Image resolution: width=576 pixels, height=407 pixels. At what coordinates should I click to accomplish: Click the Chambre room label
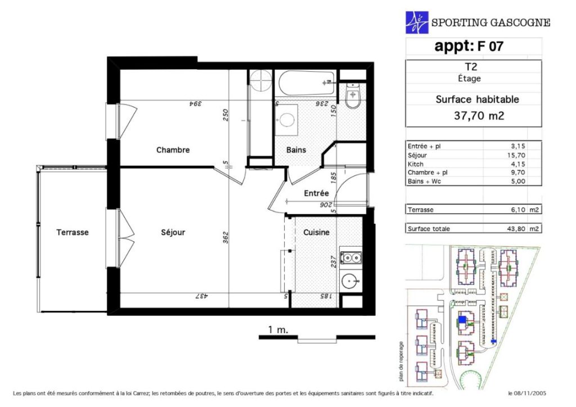pyautogui.click(x=173, y=150)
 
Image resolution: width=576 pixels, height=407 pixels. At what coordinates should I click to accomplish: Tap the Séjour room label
pyautogui.click(x=173, y=232)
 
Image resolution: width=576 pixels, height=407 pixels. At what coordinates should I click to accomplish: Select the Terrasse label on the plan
pyautogui.click(x=73, y=232)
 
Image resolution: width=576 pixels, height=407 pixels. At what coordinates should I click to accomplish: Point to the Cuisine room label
pyautogui.click(x=316, y=232)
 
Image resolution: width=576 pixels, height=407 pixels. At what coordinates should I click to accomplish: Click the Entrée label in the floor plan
pyautogui.click(x=316, y=193)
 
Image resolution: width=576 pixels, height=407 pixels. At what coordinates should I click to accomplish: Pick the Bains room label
pyautogui.click(x=296, y=150)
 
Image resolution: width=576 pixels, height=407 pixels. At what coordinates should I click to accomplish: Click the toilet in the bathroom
pyautogui.click(x=353, y=96)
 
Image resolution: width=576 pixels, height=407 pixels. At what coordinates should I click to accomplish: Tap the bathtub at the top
pyautogui.click(x=307, y=83)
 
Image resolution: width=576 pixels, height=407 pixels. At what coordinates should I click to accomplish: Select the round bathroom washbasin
pyautogui.click(x=286, y=120)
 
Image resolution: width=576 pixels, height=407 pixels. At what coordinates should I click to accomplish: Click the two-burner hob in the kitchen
pyautogui.click(x=351, y=258)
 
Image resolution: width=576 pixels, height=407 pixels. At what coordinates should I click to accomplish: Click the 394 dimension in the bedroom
pyautogui.click(x=195, y=104)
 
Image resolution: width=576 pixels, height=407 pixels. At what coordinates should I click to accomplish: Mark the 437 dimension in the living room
pyautogui.click(x=201, y=296)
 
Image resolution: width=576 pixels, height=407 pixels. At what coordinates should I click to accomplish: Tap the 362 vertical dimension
pyautogui.click(x=226, y=237)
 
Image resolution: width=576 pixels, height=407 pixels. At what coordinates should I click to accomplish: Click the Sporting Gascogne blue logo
pyautogui.click(x=417, y=22)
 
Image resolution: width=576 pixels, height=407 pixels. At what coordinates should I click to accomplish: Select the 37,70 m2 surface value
pyautogui.click(x=479, y=116)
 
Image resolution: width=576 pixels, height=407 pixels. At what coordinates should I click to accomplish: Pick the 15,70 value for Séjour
pyautogui.click(x=516, y=155)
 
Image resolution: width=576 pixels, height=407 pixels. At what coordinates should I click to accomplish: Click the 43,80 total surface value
pyautogui.click(x=516, y=229)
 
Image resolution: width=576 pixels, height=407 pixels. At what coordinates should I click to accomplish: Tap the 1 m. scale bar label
pyautogui.click(x=278, y=330)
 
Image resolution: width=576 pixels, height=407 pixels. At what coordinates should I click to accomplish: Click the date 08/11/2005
pyautogui.click(x=530, y=394)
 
